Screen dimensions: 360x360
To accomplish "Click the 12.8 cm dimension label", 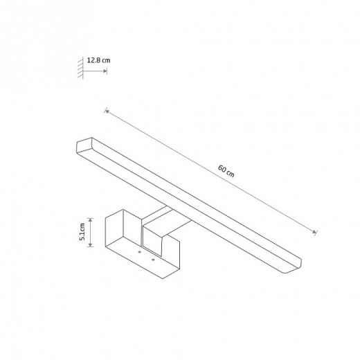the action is click(98, 60).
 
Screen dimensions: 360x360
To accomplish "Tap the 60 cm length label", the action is click(226, 171).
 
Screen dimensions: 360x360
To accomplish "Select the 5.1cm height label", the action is click(82, 232).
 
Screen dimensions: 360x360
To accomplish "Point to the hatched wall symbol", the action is click(80, 67).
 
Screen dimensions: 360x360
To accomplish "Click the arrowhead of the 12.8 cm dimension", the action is click(105, 71).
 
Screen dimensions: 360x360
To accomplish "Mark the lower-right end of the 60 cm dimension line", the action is click(314, 232).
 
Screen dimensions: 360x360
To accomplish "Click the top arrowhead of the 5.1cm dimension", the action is click(91, 219).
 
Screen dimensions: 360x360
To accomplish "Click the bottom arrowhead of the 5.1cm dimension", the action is click(91, 244).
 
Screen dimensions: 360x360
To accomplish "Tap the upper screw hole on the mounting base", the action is click(139, 252).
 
